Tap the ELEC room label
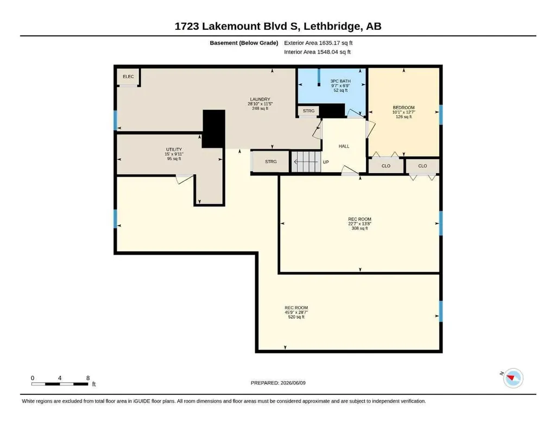128,77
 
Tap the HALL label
344,146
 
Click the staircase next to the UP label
306,162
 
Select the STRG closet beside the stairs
270,162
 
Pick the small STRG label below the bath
308,111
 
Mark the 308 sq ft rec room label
359,224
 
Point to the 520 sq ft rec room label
296,312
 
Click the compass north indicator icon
513,378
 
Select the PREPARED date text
278,383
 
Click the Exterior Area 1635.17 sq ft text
318,43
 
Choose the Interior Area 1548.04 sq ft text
317,52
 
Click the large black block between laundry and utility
214,129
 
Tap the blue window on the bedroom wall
441,115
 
